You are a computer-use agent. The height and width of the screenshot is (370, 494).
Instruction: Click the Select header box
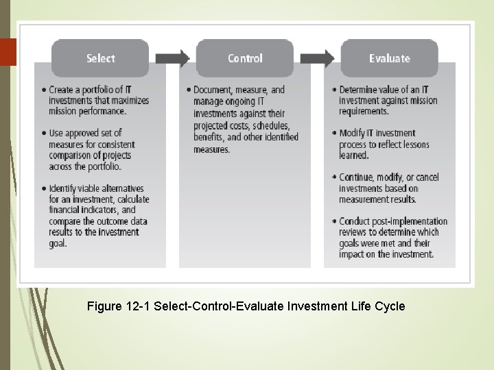point(100,58)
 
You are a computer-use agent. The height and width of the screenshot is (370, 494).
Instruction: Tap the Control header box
point(245,58)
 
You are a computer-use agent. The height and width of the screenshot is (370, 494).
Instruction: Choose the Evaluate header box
point(389,58)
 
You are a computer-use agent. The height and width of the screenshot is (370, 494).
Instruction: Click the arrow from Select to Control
point(173,58)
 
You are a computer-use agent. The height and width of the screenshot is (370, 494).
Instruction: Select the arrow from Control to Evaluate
point(318,58)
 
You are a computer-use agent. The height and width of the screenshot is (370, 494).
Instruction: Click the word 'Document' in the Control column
point(213,90)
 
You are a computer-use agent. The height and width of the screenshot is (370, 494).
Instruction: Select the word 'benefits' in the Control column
point(210,137)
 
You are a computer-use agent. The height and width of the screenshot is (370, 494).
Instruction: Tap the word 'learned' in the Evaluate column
point(353,155)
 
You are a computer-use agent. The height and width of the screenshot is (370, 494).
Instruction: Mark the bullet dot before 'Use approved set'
point(44,133)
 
